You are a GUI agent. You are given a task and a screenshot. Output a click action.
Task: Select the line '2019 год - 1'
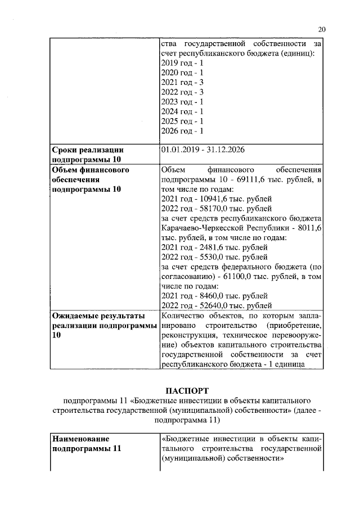point(182,63)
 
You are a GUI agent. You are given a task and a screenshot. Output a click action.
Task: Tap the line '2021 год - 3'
point(182,82)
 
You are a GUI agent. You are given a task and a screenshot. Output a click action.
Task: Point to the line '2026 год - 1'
point(182,131)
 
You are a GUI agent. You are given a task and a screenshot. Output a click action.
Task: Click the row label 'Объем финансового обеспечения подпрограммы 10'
point(90,179)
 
